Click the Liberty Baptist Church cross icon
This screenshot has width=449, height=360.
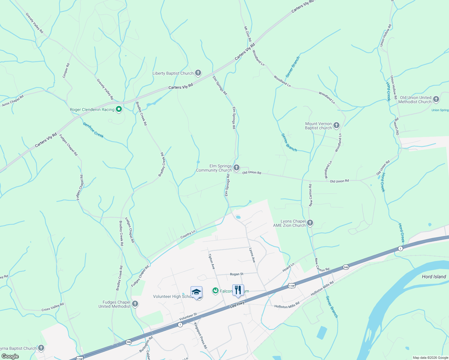click(x=198, y=73)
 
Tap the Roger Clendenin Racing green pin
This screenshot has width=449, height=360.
click(x=119, y=109)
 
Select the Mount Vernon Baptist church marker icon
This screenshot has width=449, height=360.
click(x=336, y=125)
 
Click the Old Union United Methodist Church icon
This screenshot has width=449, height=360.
click(x=436, y=99)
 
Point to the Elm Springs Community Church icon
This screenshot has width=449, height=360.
click(x=237, y=168)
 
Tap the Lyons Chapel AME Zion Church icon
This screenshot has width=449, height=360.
click(x=310, y=223)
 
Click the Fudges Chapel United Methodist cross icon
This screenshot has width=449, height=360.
click(x=135, y=304)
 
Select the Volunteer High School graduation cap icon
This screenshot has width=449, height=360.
click(x=196, y=292)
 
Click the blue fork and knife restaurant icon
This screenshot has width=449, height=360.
click(x=238, y=290)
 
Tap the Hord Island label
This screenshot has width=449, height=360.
click(x=434, y=277)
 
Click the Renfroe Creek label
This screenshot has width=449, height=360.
click(x=93, y=130)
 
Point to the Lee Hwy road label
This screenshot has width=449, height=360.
click(x=237, y=305)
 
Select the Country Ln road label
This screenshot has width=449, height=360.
click(x=188, y=234)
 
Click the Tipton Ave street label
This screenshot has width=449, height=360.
click(x=212, y=262)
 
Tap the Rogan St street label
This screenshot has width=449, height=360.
click(x=237, y=274)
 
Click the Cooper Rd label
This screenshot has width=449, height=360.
click(x=66, y=70)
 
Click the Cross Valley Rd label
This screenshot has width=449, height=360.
click(x=53, y=307)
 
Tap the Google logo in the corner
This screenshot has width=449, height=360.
click(x=10, y=356)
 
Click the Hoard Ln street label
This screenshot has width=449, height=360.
click(x=288, y=267)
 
